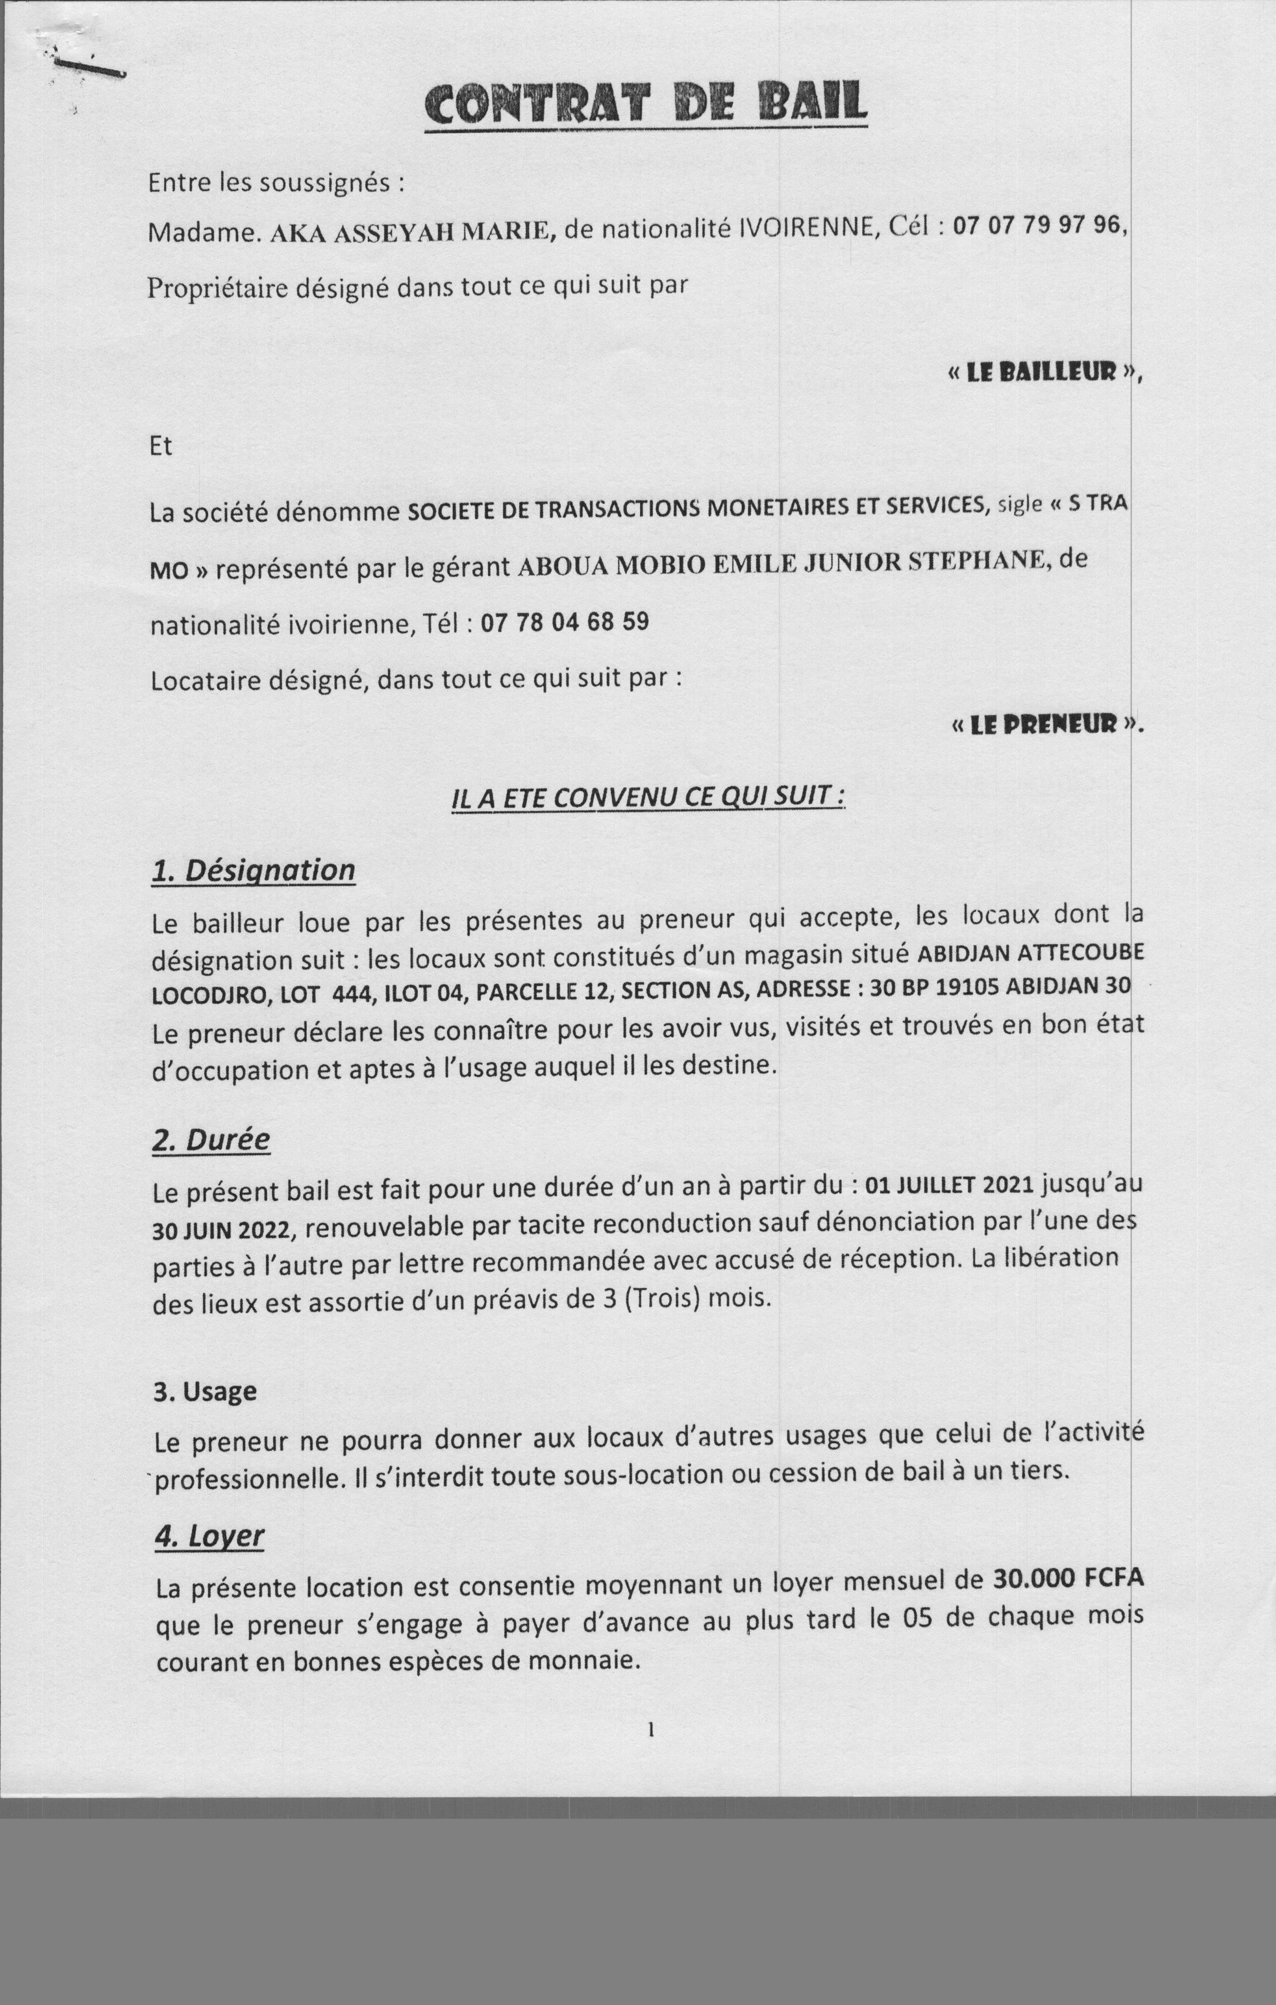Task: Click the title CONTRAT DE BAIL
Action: point(646,104)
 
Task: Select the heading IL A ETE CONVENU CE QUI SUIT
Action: point(647,797)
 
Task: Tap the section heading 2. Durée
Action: point(211,1139)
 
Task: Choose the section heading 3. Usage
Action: point(204,1391)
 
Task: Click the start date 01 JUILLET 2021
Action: point(949,1185)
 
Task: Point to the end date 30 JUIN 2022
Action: point(222,1231)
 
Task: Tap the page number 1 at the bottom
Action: point(650,1730)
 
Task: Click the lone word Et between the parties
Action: point(161,446)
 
